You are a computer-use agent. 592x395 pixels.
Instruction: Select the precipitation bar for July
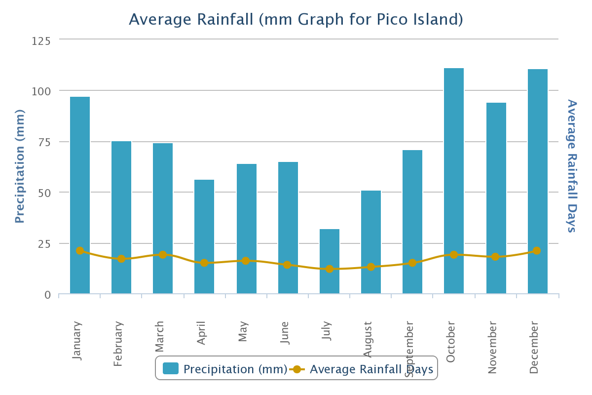[330, 262]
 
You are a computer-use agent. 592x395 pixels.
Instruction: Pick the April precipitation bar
[204, 237]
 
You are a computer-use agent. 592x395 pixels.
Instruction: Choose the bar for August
[371, 242]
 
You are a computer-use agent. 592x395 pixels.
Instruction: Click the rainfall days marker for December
[537, 251]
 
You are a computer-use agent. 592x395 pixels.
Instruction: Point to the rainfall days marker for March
[163, 255]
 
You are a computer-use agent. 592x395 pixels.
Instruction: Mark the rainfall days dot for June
[287, 265]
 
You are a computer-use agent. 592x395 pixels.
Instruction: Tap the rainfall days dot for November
[495, 257]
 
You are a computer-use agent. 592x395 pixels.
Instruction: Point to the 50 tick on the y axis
[44, 193]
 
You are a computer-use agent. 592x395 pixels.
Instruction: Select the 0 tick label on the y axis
[48, 295]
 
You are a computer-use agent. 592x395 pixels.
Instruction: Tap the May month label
[243, 331]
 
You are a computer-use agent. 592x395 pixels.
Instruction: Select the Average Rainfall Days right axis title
[572, 165]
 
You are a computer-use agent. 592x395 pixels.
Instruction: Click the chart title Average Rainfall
[296, 19]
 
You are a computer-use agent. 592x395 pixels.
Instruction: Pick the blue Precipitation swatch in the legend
[171, 369]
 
